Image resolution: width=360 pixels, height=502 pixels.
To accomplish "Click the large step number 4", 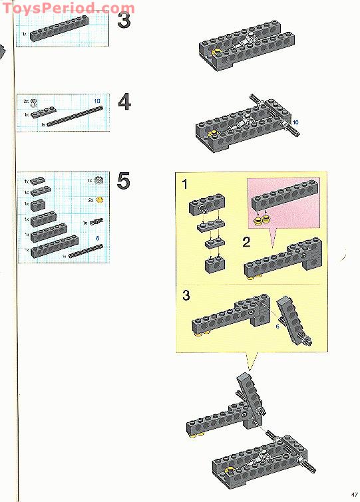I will click(x=124, y=102).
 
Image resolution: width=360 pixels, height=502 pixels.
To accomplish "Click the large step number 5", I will click(x=124, y=182).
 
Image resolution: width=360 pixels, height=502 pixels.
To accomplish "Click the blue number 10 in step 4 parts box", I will click(x=97, y=101).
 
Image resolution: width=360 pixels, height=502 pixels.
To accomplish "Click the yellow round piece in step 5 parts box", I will click(x=100, y=199).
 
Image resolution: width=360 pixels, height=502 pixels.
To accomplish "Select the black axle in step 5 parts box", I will click(x=84, y=251).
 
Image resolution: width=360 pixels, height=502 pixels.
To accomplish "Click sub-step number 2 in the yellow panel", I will click(x=246, y=242).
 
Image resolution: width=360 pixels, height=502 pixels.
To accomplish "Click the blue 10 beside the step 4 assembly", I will click(x=295, y=122).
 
